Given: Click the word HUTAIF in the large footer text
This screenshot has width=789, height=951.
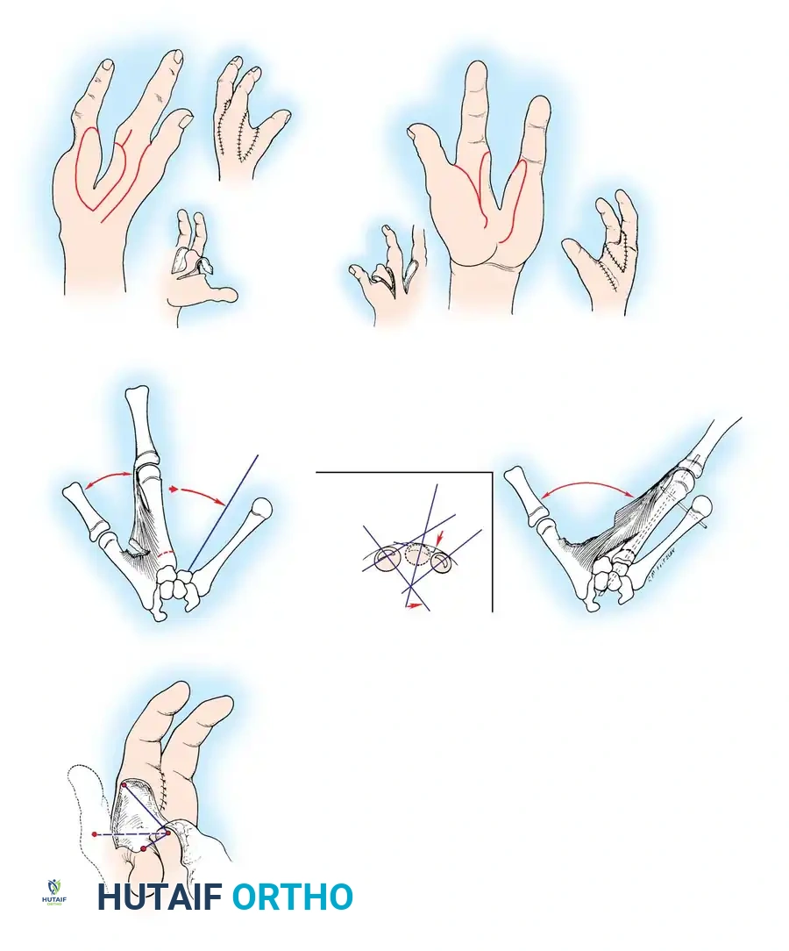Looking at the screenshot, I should [160, 897].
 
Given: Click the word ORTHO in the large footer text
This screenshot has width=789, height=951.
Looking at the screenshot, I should [293, 897].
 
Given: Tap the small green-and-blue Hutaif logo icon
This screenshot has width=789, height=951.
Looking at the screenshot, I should [55, 892].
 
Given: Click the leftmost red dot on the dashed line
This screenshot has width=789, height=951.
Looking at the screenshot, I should [95, 833].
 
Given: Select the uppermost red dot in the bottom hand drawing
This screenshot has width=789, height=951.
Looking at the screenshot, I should [123, 783].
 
